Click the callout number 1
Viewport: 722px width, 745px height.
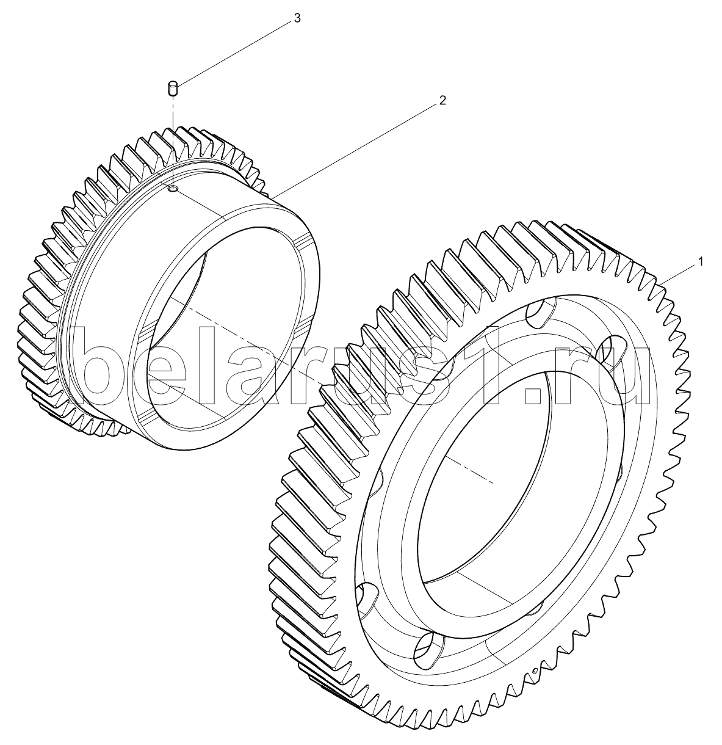[x=701, y=262]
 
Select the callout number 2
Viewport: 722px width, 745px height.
[x=442, y=101]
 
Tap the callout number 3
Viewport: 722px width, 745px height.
[x=297, y=18]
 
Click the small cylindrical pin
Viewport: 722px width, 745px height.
[x=173, y=88]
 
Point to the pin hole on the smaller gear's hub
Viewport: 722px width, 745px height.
[x=173, y=188]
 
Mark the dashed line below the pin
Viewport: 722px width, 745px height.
[x=173, y=141]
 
